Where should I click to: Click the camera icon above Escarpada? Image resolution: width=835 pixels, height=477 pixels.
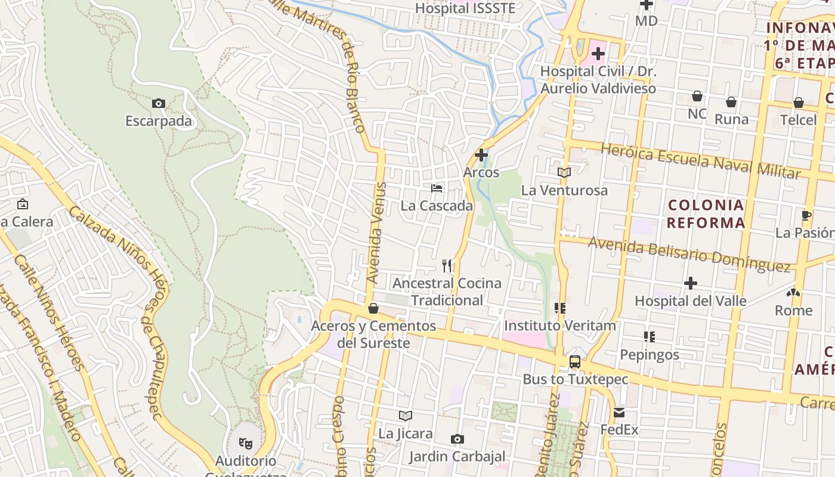159,103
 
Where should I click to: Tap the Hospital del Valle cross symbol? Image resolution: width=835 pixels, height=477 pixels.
691,283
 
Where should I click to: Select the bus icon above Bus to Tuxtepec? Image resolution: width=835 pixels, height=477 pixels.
575,361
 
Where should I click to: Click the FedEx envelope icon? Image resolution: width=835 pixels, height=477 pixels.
619,412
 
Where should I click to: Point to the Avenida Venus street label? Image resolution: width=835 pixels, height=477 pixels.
377,233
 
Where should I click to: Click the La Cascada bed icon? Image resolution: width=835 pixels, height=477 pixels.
437,188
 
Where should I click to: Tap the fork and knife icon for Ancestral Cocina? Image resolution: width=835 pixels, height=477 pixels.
447,265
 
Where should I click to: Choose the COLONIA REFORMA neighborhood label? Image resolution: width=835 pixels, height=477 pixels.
706,214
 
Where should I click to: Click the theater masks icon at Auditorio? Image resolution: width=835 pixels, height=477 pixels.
245,443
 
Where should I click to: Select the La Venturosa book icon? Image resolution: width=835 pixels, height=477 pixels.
564,172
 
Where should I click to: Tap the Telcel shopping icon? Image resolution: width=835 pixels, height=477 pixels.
798,103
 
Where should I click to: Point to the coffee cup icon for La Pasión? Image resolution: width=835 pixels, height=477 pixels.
806,215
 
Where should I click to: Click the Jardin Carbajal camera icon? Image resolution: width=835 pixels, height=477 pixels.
457,439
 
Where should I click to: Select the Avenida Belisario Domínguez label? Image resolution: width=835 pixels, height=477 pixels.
689,253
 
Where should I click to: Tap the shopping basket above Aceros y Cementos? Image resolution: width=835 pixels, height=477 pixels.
373,308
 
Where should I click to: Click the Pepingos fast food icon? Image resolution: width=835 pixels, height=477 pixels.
650,337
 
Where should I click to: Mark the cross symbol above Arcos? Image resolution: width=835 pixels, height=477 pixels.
481,155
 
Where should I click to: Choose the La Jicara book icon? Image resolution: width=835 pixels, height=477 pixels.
406,416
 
